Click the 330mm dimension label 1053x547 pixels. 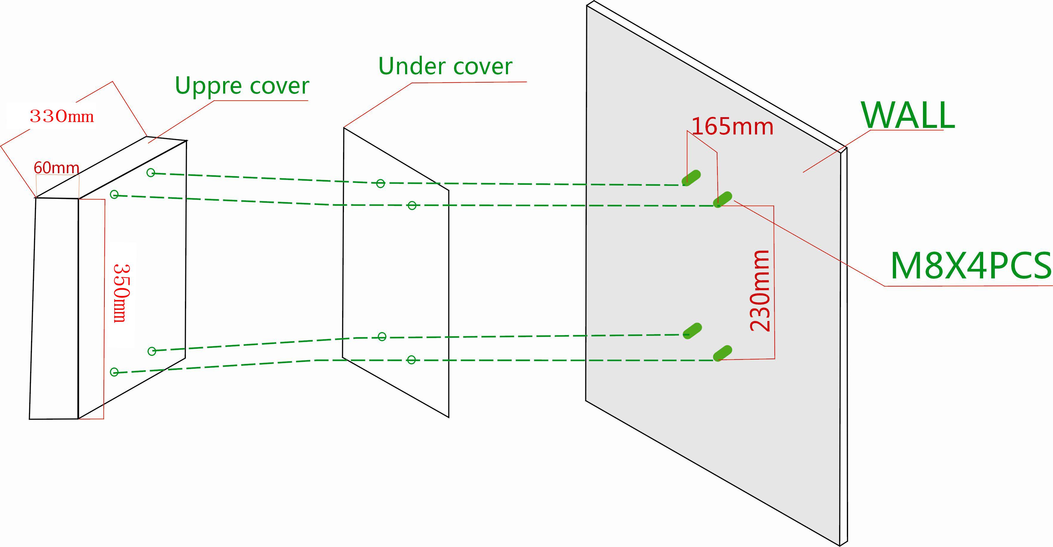coord(62,117)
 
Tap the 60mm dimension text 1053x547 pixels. coord(56,168)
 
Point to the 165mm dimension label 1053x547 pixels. coord(732,127)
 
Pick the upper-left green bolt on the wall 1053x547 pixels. coord(691,178)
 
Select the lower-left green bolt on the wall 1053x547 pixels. coord(692,330)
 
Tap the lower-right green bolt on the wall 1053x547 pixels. coord(722,353)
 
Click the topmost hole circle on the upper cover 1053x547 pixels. coord(151,173)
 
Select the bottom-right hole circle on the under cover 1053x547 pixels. coord(412,360)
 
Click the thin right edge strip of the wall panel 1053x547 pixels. coord(843,347)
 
